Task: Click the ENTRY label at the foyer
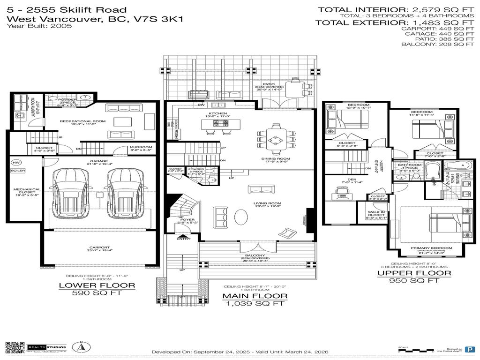click(x=184, y=239)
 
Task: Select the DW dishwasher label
click(x=200, y=105)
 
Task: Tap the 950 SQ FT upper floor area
click(x=414, y=281)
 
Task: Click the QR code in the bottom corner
click(x=14, y=348)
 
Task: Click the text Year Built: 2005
click(x=39, y=26)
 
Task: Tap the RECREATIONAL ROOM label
click(x=82, y=121)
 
